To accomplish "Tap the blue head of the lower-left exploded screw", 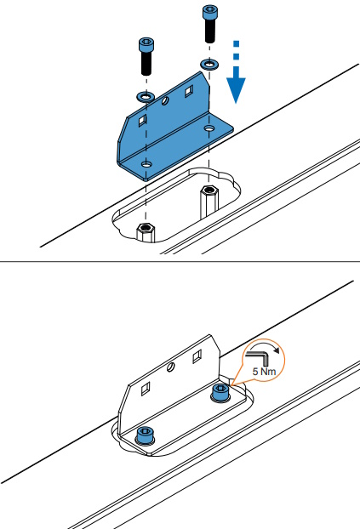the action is coord(146,45).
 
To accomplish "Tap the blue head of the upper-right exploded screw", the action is coord(210,12).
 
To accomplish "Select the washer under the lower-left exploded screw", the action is coord(146,97).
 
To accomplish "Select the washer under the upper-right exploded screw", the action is coord(209,64).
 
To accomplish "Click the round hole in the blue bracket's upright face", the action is coord(165,100).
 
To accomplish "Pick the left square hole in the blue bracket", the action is coord(142,120).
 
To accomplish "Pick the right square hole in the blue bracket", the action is coord(189,91).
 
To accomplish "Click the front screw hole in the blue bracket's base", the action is coord(146,165).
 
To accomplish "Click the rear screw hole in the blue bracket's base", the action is coord(209,128).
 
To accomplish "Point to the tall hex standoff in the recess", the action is coord(209,202).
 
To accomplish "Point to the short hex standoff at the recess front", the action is coord(146,232).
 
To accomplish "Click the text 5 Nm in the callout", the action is coord(264,372).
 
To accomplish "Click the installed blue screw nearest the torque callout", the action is coord(221,393).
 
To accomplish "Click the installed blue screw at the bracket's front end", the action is coord(146,435).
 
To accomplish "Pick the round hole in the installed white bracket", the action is coord(171,367).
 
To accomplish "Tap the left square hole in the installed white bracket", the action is coord(146,389).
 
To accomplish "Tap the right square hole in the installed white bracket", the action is coord(197,356).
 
